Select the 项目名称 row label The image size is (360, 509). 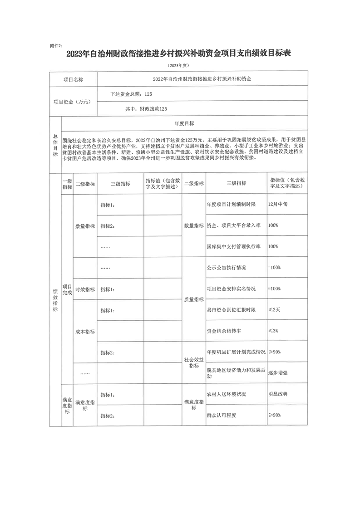point(73,79)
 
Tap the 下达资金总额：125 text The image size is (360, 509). point(131,94)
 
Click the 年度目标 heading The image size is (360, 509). point(184,123)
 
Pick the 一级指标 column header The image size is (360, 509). point(67,184)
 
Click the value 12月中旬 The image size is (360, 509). point(278,204)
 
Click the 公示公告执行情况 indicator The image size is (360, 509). point(226,268)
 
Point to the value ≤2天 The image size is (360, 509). point(275,310)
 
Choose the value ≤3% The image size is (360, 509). point(273,331)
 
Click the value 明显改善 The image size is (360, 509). point(278,394)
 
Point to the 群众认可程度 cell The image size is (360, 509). point(222,415)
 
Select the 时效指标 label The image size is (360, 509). point(85,289)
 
